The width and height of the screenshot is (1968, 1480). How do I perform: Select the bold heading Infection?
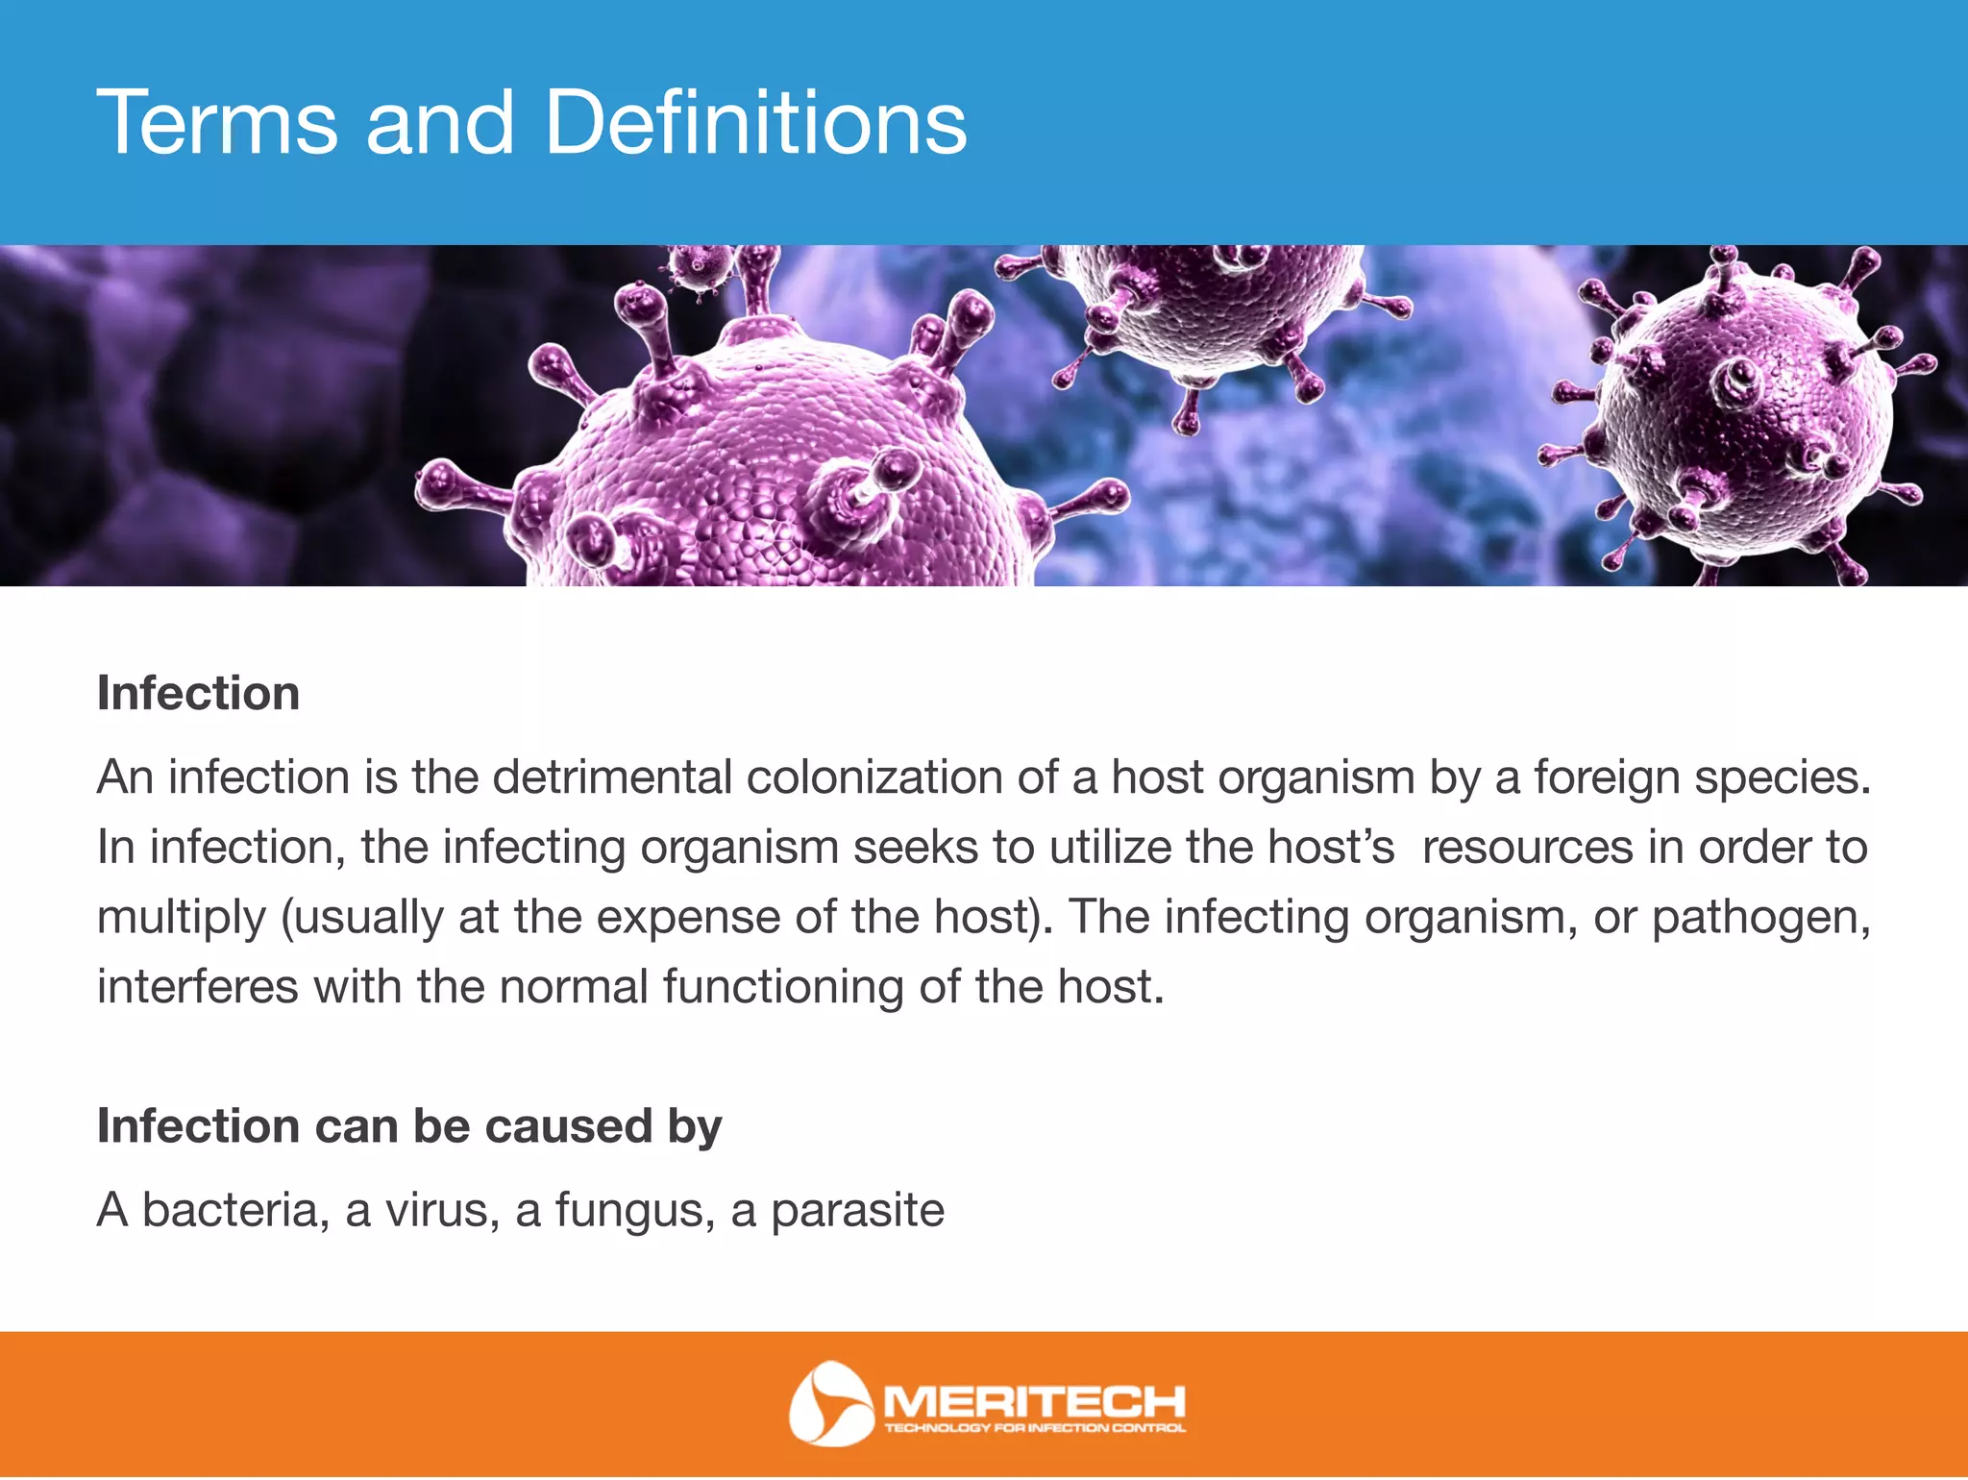(x=199, y=694)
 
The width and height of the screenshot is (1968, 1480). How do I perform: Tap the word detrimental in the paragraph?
(x=612, y=777)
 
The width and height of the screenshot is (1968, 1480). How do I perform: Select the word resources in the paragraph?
(x=1527, y=848)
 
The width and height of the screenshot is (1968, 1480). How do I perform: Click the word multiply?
(x=182, y=919)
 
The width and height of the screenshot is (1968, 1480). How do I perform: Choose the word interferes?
(x=198, y=987)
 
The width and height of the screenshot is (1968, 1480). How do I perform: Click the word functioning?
(x=782, y=987)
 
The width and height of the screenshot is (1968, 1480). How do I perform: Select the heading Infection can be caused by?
(x=409, y=1126)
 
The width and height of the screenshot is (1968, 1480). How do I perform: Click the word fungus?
(x=634, y=1210)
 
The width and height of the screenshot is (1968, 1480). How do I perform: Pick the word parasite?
(x=857, y=1210)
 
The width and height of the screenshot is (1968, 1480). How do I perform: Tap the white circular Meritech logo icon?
(x=828, y=1404)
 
